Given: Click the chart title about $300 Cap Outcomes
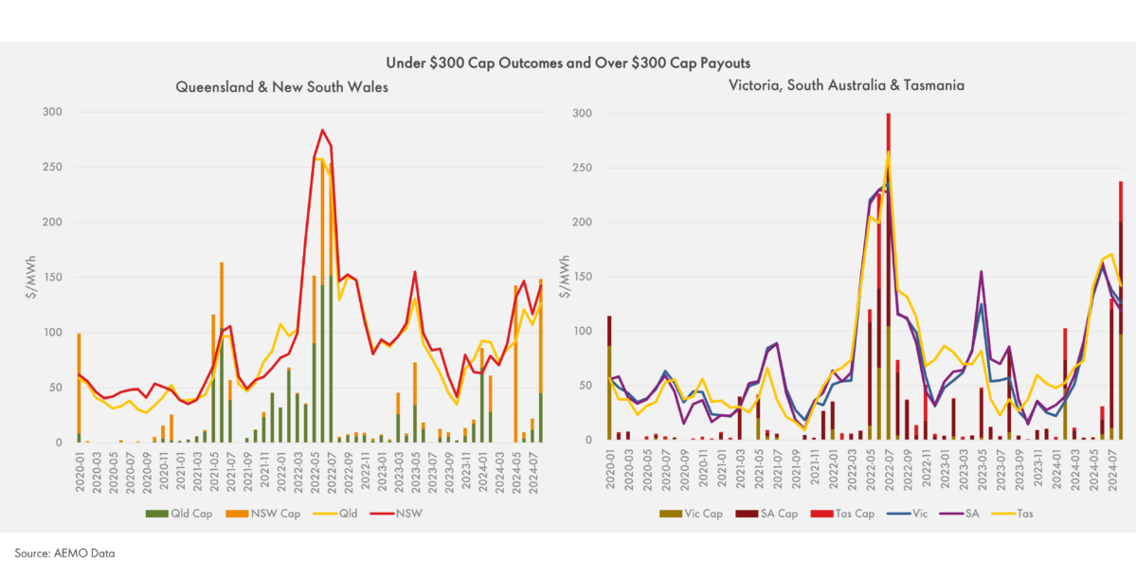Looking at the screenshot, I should (x=568, y=63).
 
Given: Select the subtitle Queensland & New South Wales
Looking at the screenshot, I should (x=281, y=86).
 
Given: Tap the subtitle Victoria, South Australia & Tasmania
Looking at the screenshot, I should (x=846, y=85).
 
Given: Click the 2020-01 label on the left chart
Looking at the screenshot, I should (x=80, y=466).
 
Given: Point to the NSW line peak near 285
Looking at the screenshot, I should (x=323, y=130).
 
